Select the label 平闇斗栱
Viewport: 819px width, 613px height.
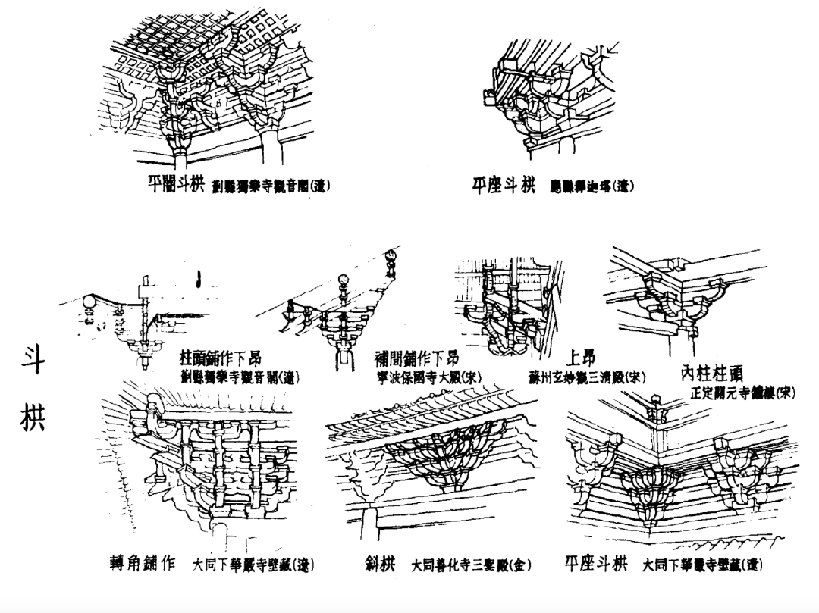pos(176,184)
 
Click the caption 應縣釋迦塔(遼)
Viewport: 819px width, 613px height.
pos(592,186)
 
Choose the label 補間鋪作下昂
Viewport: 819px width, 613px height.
pos(417,358)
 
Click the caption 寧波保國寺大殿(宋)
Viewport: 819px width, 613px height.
pos(428,377)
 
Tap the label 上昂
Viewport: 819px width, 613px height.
pos(581,358)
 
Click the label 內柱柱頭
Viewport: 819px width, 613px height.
pos(711,373)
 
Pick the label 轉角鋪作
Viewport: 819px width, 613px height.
pos(143,564)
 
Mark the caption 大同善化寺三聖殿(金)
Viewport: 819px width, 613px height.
pos(471,565)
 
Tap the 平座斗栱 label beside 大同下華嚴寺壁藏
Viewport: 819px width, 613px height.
pos(597,564)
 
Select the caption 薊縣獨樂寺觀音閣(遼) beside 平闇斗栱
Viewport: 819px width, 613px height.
pos(271,186)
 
